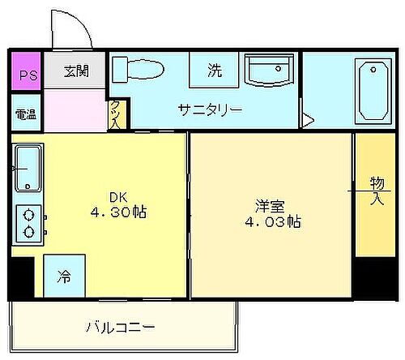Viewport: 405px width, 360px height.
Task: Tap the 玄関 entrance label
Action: click(x=77, y=71)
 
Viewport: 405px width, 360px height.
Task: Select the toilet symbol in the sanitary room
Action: click(x=138, y=69)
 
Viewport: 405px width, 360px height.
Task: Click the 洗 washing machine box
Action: click(x=214, y=71)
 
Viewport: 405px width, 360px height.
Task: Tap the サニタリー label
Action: click(x=211, y=109)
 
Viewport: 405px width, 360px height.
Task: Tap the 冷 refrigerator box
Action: click(x=63, y=276)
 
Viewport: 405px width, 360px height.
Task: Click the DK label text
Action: click(x=118, y=195)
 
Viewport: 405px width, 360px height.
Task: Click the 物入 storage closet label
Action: click(x=376, y=191)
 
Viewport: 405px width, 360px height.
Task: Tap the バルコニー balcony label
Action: click(x=121, y=328)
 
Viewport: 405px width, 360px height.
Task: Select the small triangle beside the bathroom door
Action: click(x=308, y=121)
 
